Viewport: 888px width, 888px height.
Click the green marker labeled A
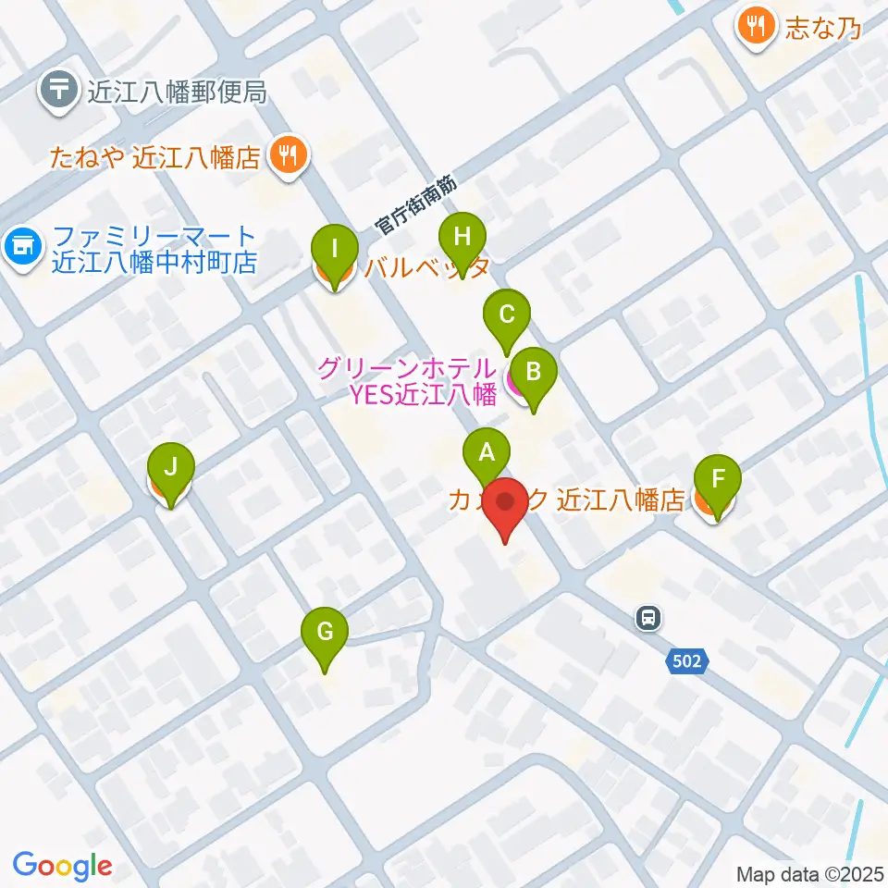click(487, 452)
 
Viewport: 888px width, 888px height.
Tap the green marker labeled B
click(533, 373)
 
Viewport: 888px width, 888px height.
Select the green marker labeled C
click(506, 314)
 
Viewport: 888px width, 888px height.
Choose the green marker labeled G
click(325, 633)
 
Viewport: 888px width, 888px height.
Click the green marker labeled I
click(334, 249)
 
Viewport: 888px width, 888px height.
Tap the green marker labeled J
click(170, 467)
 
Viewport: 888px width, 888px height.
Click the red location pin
click(506, 503)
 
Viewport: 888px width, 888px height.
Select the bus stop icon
click(648, 617)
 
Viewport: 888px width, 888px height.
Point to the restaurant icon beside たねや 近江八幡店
click(289, 154)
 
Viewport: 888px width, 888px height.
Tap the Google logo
click(62, 866)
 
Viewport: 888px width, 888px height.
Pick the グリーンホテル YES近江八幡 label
click(407, 381)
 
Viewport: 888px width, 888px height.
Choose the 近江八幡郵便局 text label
click(176, 92)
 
